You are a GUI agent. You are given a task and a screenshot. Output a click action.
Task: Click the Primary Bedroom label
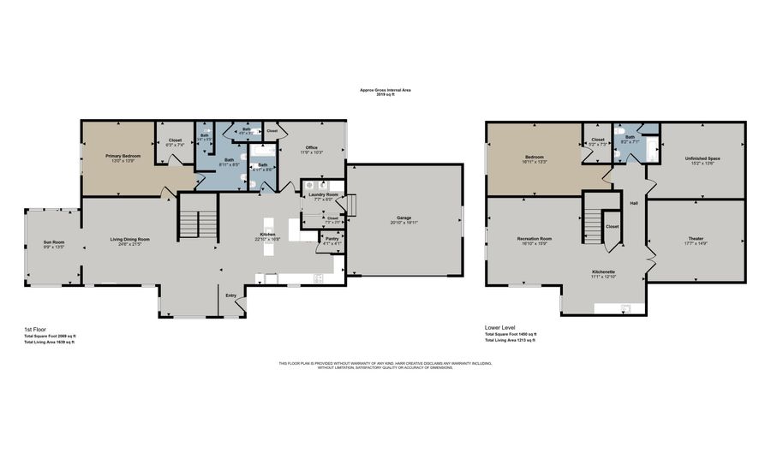pos(123,156)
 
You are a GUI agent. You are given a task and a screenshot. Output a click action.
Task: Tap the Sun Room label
pos(54,242)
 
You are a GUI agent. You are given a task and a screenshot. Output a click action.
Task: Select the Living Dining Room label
pos(130,239)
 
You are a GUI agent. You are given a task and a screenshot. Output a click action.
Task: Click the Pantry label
pos(332,238)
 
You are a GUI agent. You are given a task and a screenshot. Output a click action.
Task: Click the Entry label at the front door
pos(230,295)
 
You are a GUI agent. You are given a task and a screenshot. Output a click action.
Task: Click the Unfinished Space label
pos(702,158)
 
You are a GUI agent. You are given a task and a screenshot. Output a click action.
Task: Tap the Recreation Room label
pos(534,238)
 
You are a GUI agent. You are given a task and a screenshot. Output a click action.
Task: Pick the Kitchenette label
pos(603,271)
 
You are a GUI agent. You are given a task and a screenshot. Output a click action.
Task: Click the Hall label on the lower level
pos(634,203)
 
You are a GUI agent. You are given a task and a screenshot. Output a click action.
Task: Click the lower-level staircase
pos(593,224)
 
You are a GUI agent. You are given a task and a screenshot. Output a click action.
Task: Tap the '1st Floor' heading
pos(36,329)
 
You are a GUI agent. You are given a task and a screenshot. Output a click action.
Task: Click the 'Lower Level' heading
pos(499,327)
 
